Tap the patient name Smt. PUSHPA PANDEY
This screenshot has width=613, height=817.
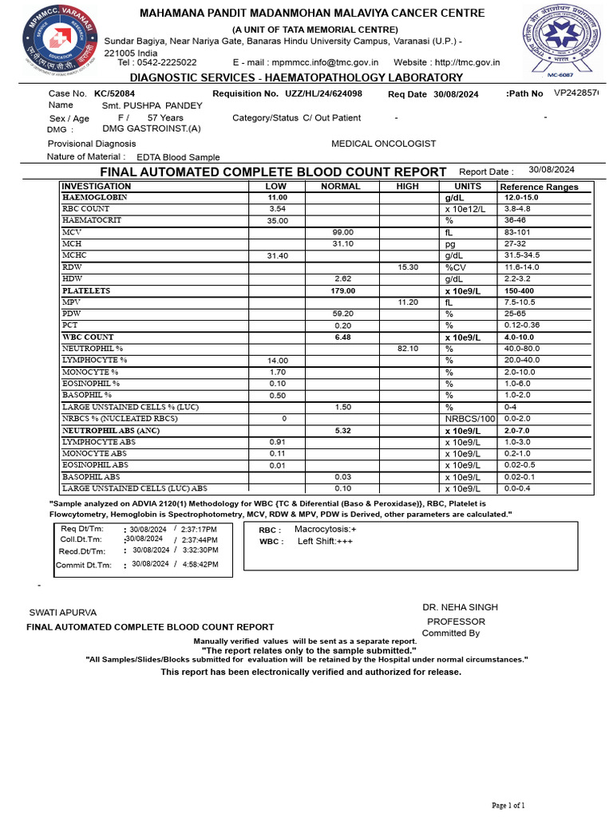point(152,105)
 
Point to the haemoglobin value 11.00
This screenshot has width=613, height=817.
point(277,197)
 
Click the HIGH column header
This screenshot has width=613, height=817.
point(407,186)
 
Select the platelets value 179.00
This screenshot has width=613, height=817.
point(342,291)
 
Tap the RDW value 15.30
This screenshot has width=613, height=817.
point(408,267)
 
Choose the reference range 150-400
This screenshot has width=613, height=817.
point(520,291)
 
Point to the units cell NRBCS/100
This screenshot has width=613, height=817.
point(469,419)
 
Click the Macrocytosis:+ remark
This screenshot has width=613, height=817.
point(326,529)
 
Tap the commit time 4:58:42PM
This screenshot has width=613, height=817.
point(200,563)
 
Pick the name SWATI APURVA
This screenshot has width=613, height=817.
point(63,613)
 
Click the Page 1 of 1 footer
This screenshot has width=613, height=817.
point(508,805)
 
